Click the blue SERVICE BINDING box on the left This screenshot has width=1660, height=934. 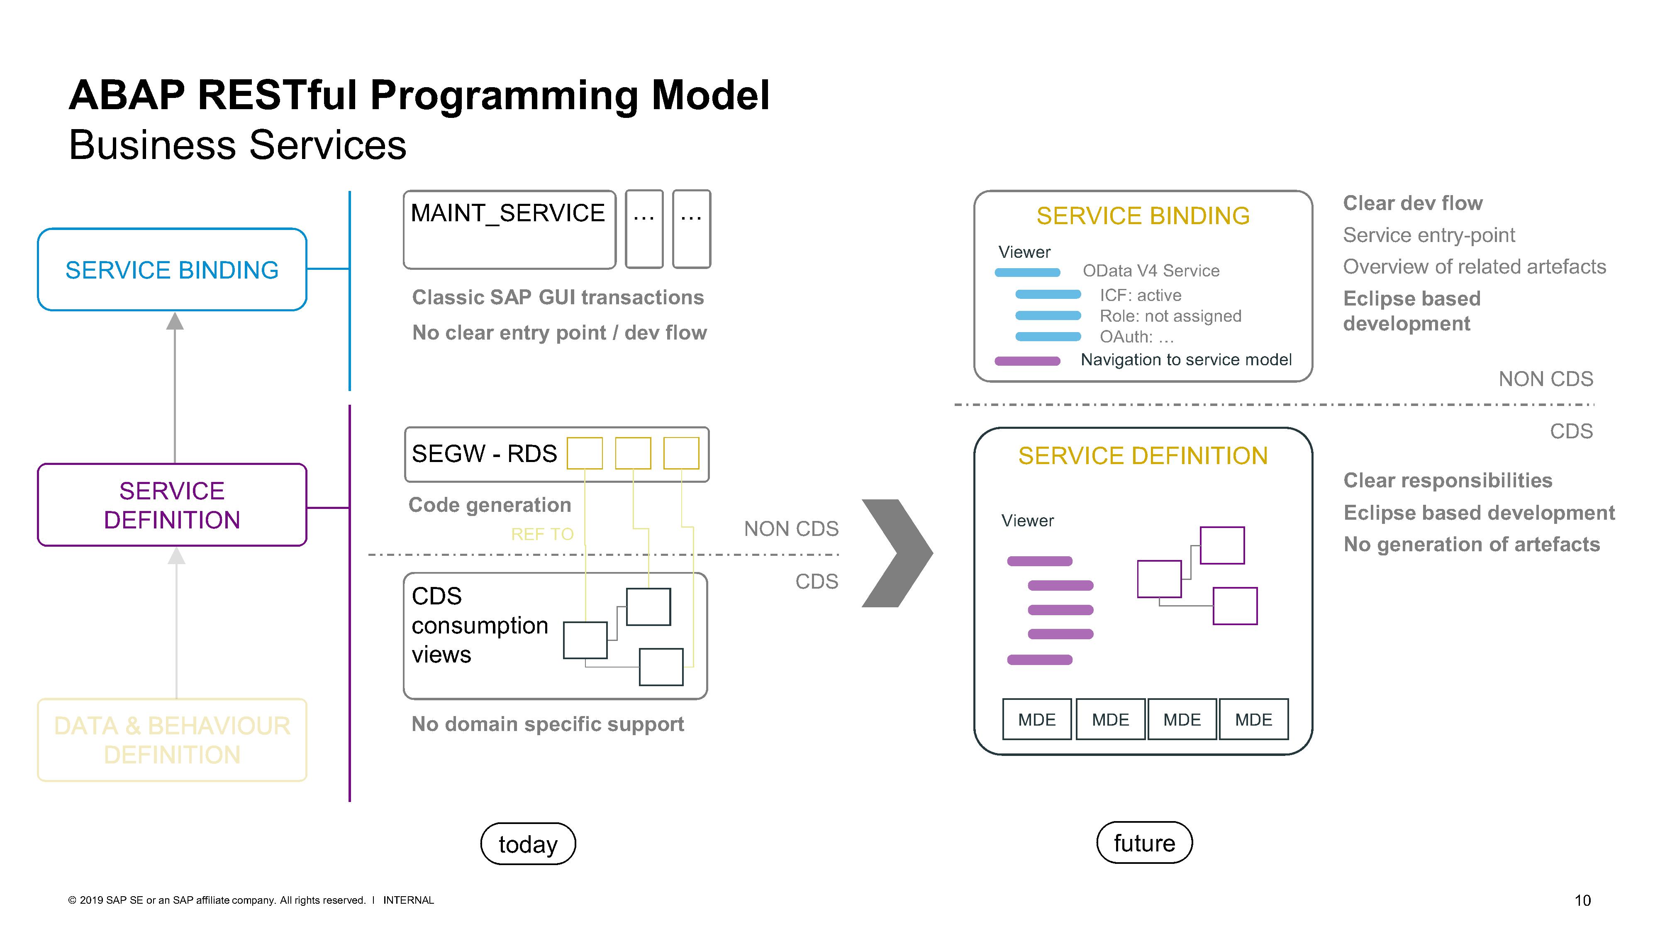(172, 269)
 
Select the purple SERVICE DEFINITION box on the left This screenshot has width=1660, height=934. (172, 505)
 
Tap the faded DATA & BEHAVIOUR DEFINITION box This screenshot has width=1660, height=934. (172, 740)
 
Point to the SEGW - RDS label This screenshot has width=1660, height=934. (484, 454)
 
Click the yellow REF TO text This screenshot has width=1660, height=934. (542, 534)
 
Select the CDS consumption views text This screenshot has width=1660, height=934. (480, 625)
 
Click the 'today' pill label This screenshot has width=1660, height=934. (528, 844)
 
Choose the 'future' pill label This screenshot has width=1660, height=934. (1144, 843)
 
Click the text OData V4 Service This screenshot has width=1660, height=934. (1151, 271)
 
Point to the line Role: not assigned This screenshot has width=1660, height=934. (1170, 316)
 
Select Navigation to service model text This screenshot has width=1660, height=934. (1186, 359)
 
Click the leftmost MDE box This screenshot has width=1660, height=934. (1037, 719)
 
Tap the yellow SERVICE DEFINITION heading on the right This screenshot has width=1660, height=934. (1143, 456)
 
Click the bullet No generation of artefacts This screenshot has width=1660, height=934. (1471, 544)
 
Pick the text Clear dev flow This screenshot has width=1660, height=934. (1413, 203)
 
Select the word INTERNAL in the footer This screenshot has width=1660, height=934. (409, 900)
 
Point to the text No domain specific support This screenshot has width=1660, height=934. (547, 724)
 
